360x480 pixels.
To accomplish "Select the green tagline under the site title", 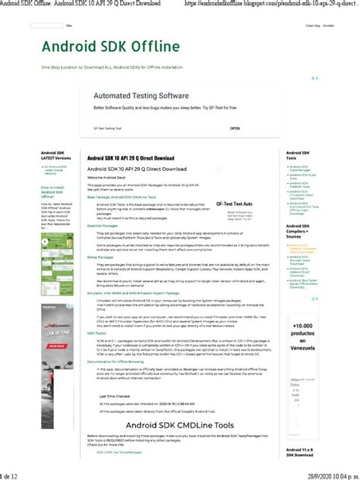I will pos(112,68).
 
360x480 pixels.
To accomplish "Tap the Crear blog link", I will pos(311,26).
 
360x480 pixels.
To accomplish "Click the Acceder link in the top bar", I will pos(329,26).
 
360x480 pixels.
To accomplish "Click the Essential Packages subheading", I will pos(103,226).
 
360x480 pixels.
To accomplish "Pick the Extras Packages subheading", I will pos(101,257).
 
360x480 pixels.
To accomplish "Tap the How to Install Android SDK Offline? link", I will pos(54,192).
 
